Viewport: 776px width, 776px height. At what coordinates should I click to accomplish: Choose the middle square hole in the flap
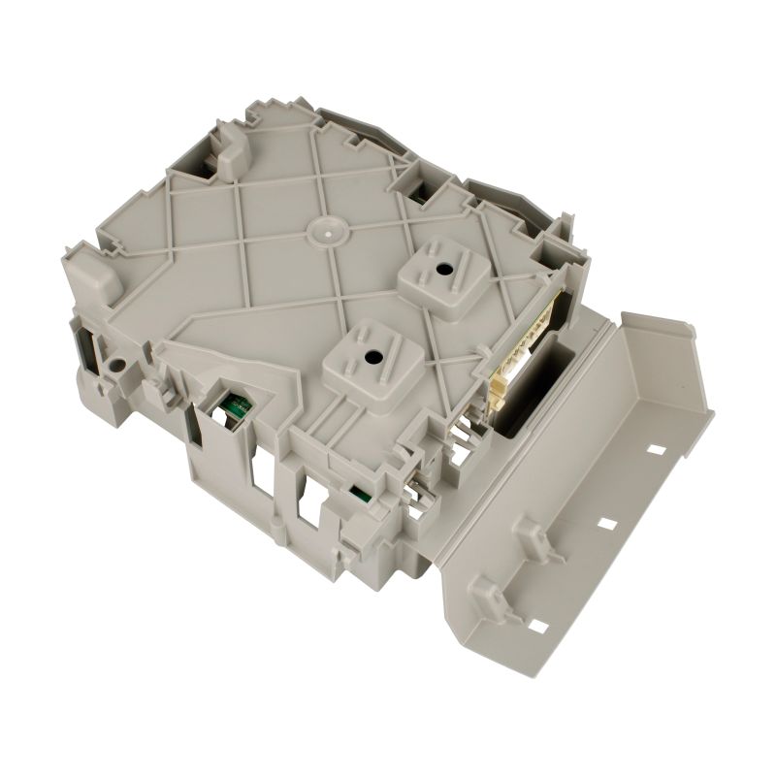[607, 523]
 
